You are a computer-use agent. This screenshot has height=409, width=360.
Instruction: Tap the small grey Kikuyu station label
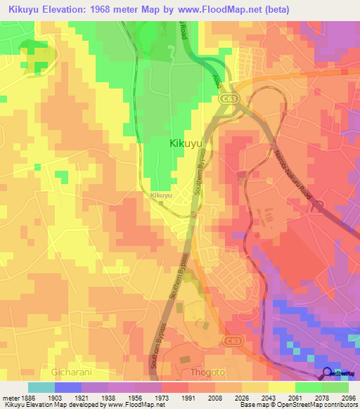161,195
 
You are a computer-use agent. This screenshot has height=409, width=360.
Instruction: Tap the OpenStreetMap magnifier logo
327,372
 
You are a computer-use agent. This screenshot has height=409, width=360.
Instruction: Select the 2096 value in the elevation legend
349,397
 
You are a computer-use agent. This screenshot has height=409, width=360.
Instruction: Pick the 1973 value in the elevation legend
162,397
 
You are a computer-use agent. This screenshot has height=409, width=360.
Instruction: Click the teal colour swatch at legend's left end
41,387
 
